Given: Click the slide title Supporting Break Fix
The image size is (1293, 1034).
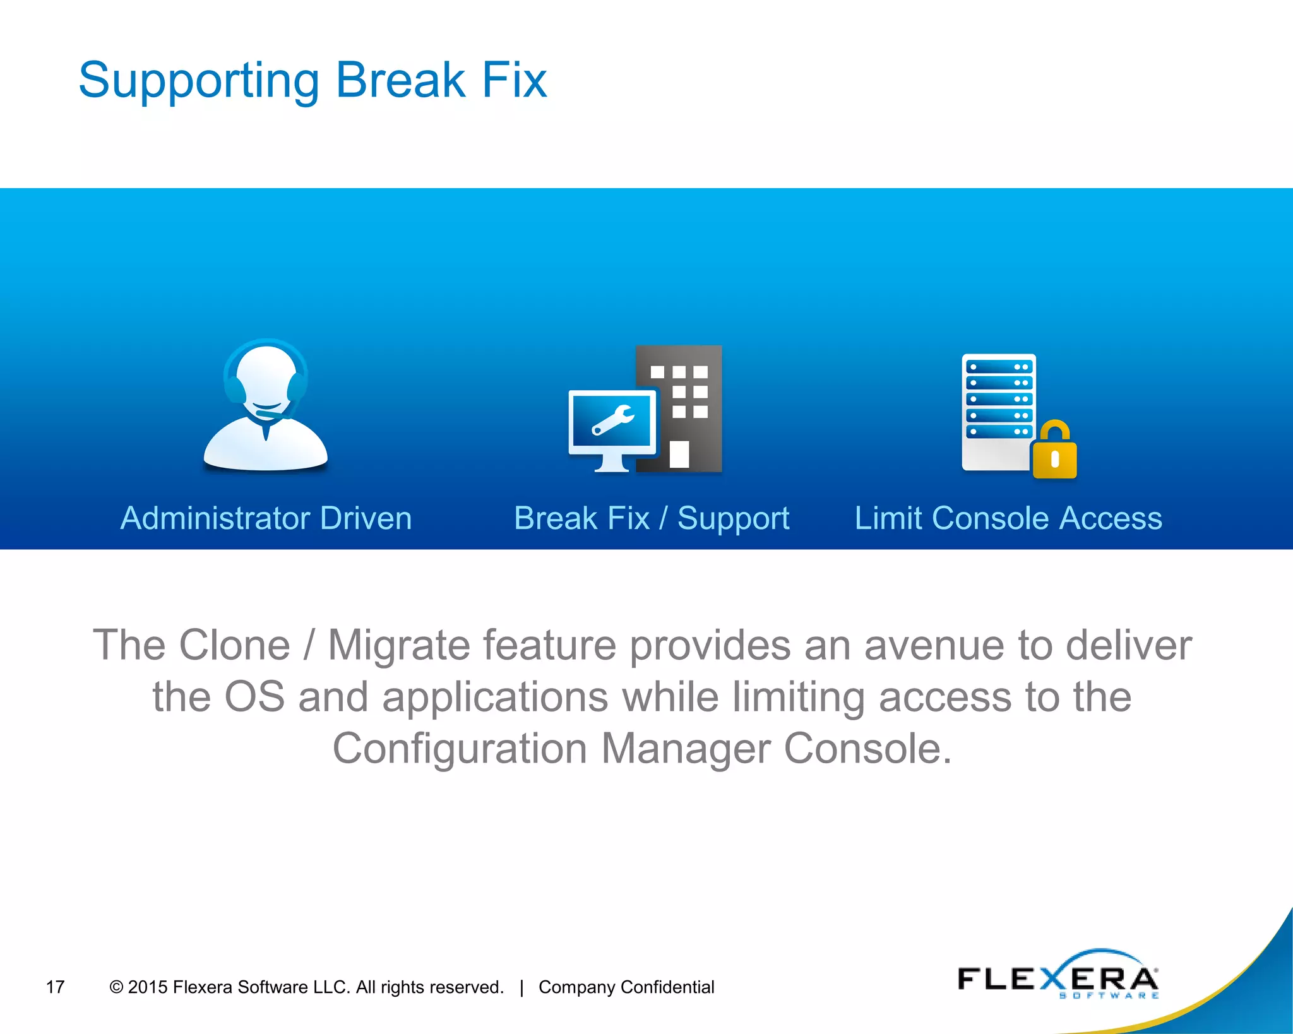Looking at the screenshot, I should coord(313,80).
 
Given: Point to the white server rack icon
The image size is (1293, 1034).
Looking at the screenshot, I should coord(998,410).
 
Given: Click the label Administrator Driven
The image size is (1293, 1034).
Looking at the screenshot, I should coord(266,518).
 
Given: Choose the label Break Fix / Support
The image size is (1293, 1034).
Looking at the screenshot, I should coord(652,518).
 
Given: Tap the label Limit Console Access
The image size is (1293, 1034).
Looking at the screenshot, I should coord(1008,518).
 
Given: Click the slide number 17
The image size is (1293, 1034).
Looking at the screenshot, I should coord(56,987).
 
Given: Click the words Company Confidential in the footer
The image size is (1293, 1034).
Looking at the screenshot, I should coord(626,987).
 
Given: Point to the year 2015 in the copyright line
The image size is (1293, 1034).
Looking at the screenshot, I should coord(148,987).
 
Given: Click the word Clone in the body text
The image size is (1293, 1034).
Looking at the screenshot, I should coord(235,645).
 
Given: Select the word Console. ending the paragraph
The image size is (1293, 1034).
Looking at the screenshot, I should coord(867,749).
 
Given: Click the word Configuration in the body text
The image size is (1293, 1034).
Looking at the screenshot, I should coord(460,749).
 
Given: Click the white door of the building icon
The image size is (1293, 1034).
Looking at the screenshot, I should coord(679,454).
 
